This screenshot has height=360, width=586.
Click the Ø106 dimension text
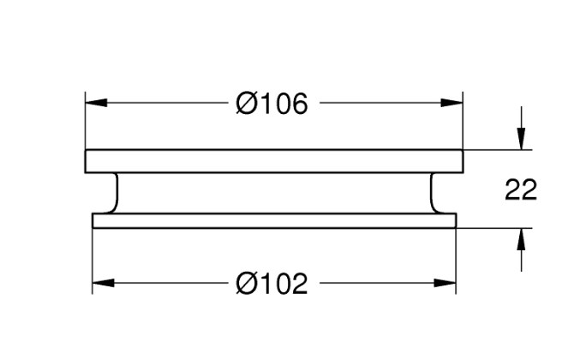(x=272, y=103)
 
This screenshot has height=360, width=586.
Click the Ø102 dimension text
(x=272, y=284)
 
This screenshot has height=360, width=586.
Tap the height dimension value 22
(x=521, y=190)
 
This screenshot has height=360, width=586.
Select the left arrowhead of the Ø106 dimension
(x=96, y=103)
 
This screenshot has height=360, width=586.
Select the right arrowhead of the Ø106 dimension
(x=451, y=103)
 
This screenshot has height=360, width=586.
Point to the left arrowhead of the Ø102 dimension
(x=103, y=283)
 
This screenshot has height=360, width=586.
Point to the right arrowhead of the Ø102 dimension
(x=445, y=283)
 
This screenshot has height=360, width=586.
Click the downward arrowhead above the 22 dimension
(x=522, y=139)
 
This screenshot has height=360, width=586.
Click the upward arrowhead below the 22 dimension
(x=522, y=239)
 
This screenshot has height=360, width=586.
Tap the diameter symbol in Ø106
(x=247, y=103)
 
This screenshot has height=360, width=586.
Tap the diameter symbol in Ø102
(x=247, y=284)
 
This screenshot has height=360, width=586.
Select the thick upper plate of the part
(x=274, y=161)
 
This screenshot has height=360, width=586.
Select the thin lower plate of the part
(x=274, y=220)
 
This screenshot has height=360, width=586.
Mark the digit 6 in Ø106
(x=299, y=103)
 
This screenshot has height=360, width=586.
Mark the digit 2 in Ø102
(x=299, y=284)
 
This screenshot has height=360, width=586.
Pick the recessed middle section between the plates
(x=274, y=193)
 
